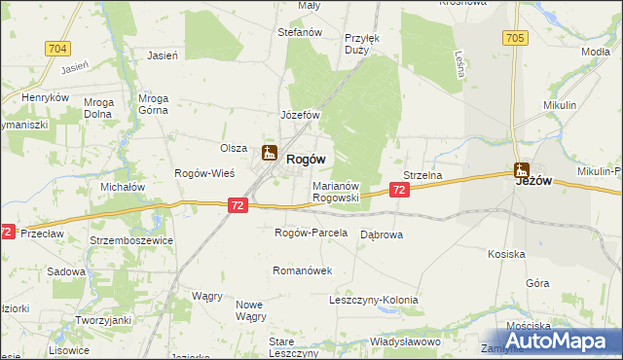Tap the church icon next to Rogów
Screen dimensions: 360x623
click(270, 154)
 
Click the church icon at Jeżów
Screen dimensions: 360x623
click(523, 168)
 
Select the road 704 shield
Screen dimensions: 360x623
click(57, 48)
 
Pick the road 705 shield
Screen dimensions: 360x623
click(516, 38)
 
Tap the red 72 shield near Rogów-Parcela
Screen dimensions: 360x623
click(239, 205)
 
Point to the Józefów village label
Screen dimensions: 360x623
click(301, 115)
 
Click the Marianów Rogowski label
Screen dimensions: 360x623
click(336, 191)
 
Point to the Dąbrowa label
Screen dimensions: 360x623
click(382, 235)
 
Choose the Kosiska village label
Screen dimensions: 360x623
click(506, 254)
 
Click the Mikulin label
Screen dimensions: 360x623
click(561, 104)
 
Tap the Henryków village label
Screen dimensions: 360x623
click(45, 98)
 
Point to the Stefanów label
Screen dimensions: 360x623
click(300, 32)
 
